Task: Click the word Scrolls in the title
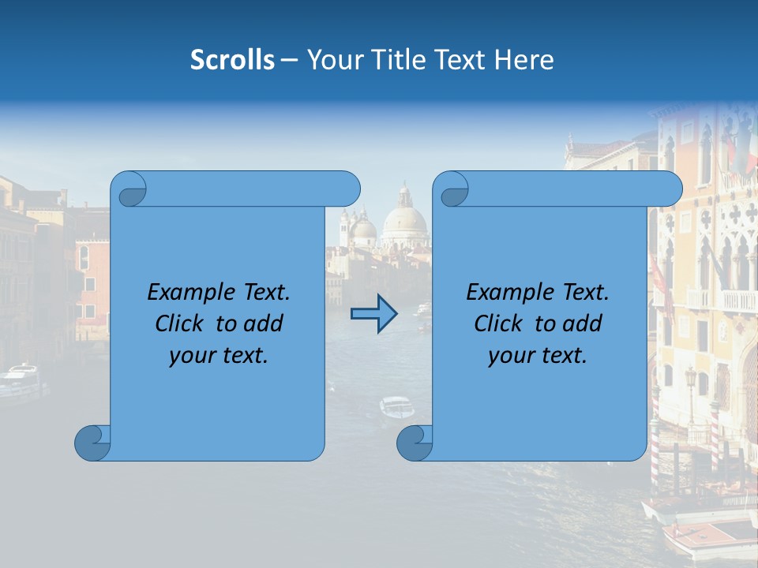(x=232, y=60)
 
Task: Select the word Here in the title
(x=523, y=60)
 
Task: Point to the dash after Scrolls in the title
(x=290, y=61)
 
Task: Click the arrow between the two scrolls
(x=373, y=314)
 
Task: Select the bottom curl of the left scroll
(x=92, y=443)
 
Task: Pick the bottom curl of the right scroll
(x=415, y=443)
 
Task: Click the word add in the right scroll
(x=583, y=323)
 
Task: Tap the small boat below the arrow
(x=396, y=407)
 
